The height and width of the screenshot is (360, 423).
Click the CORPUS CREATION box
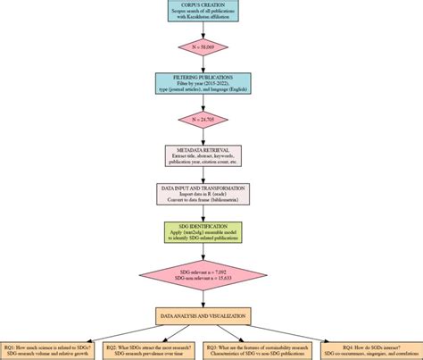click(x=211, y=11)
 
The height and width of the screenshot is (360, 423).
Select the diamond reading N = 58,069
click(x=211, y=46)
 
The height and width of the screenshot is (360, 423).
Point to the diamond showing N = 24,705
click(x=211, y=119)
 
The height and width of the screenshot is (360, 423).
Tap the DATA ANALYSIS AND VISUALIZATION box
click(x=211, y=316)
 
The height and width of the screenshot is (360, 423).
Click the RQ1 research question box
click(x=49, y=350)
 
